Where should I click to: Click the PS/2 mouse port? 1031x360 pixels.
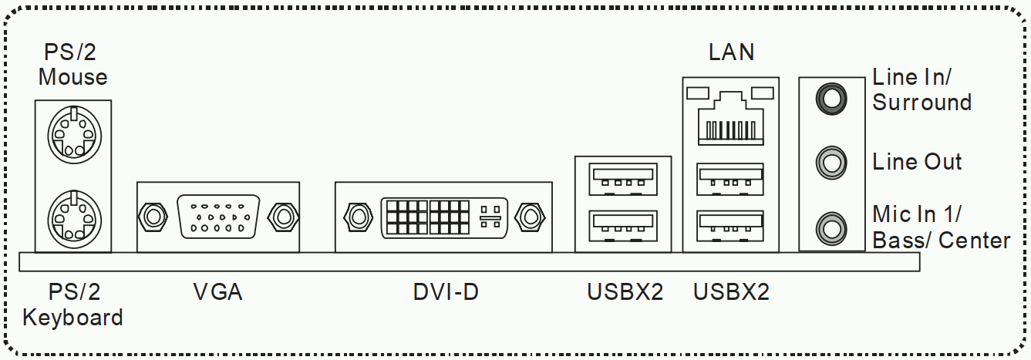tap(74, 135)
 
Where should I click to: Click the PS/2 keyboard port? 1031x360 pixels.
tap(74, 219)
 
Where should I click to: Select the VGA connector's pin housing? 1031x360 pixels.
tap(219, 217)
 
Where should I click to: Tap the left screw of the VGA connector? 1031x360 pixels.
tap(153, 217)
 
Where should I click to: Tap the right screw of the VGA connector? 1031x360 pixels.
tap(284, 217)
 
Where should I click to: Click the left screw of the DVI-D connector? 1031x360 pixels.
tap(358, 217)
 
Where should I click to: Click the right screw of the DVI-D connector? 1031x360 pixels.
tap(530, 217)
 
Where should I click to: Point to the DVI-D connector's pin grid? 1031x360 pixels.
tap(428, 217)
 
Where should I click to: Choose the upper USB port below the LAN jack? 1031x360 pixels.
tap(730, 179)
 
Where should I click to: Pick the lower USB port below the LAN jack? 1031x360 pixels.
tap(730, 226)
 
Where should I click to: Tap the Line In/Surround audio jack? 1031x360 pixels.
tap(831, 99)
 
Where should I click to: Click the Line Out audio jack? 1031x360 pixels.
tap(831, 163)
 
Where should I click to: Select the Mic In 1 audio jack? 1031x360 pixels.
tap(831, 228)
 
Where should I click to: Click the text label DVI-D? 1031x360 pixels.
tap(446, 292)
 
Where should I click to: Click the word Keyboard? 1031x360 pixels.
tap(72, 318)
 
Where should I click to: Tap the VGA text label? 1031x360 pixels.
tap(217, 292)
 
